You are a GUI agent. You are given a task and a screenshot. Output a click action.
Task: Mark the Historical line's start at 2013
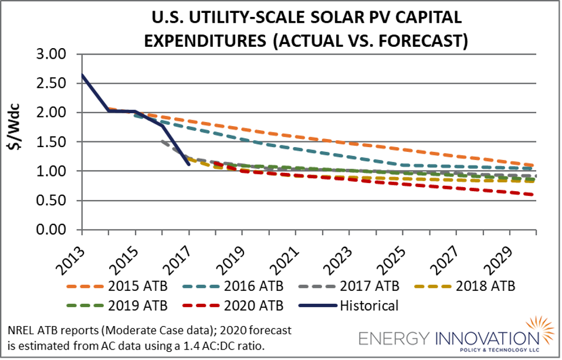pos(82,74)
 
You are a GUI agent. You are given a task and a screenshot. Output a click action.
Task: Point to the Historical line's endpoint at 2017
pos(188,164)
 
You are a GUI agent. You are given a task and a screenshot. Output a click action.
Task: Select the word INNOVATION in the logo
pos(480,339)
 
